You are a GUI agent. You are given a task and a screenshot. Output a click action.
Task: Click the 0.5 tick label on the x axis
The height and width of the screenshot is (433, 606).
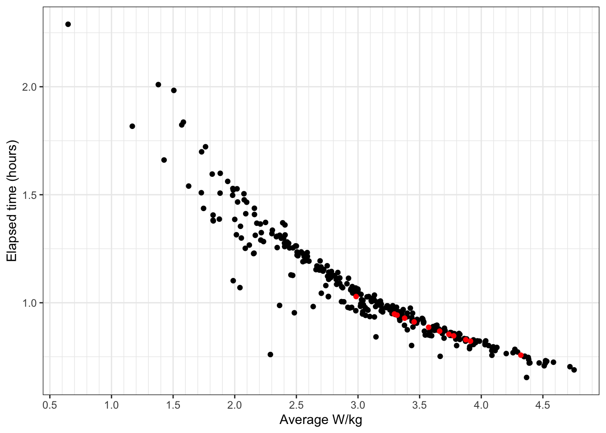coord(50,405)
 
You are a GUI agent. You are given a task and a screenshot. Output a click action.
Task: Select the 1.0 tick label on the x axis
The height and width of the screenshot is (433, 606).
coord(111,405)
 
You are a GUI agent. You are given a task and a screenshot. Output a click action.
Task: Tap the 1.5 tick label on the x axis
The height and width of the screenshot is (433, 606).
coord(173,405)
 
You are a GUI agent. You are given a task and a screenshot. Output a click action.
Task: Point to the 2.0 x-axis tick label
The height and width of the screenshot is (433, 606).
coord(234,405)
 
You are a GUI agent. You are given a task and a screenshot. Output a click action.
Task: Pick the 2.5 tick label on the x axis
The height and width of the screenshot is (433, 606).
coord(296,405)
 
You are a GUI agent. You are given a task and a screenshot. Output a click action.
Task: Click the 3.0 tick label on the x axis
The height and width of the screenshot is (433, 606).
coord(358,405)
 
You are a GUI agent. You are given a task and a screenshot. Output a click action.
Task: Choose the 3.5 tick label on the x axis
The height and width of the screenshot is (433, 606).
coord(419,405)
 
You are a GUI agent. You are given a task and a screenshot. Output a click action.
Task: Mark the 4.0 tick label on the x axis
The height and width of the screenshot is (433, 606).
coord(481,405)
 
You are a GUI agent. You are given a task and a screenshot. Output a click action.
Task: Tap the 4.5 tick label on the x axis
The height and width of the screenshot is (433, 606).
coord(543,405)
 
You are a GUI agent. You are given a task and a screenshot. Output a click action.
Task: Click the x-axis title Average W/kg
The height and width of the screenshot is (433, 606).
coord(321,420)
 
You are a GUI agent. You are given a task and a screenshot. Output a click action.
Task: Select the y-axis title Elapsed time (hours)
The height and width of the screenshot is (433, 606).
coord(12,201)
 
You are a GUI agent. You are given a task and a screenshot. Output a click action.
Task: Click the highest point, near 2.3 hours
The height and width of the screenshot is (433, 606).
coord(68,24)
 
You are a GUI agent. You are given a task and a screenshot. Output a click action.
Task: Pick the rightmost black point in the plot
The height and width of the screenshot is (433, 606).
coord(574,370)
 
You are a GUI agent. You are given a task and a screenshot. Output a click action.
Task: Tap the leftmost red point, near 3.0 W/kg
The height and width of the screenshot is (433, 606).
coord(356,296)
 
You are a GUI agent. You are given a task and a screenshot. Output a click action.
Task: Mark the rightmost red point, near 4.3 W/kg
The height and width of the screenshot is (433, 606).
coord(521,355)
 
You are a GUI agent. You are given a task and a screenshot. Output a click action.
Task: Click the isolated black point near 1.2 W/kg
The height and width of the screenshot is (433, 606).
coord(132,126)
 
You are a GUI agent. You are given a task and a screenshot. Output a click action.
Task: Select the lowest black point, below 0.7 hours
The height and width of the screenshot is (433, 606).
coord(527,378)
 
